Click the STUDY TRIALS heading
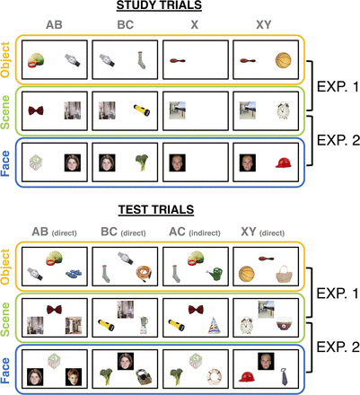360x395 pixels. (159, 5)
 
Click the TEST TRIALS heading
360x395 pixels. (156, 209)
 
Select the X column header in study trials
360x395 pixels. (195, 24)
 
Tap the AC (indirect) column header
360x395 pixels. (195, 232)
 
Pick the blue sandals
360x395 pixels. (74, 273)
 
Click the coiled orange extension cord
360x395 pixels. (145, 275)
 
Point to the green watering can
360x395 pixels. (215, 275)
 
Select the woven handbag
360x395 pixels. (284, 274)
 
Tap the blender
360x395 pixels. (144, 325)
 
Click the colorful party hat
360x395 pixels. (215, 326)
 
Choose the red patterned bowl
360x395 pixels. (284, 324)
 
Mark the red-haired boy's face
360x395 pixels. (74, 377)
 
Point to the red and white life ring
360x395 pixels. (214, 377)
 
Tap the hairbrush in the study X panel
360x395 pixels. (178, 61)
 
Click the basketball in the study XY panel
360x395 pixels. (283, 60)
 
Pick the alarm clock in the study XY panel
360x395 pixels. (283, 111)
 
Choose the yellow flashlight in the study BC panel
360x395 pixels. (142, 110)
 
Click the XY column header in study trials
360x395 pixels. (264, 24)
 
